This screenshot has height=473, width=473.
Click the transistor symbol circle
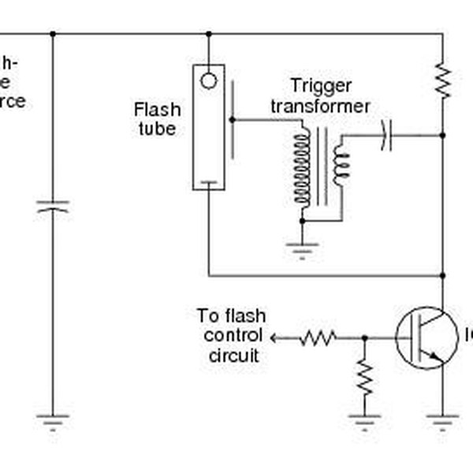[425, 337]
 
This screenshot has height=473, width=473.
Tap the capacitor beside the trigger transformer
[385, 135]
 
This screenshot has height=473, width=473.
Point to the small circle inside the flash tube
[208, 80]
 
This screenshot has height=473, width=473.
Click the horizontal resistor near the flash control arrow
[318, 337]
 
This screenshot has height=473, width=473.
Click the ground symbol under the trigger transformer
[302, 251]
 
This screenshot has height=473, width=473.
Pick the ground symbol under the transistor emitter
[443, 422]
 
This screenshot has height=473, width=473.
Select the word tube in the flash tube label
[156, 128]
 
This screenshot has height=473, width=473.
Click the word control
[231, 336]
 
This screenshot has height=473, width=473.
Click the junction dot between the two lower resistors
[364, 337]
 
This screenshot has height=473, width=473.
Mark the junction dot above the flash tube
[208, 34]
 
